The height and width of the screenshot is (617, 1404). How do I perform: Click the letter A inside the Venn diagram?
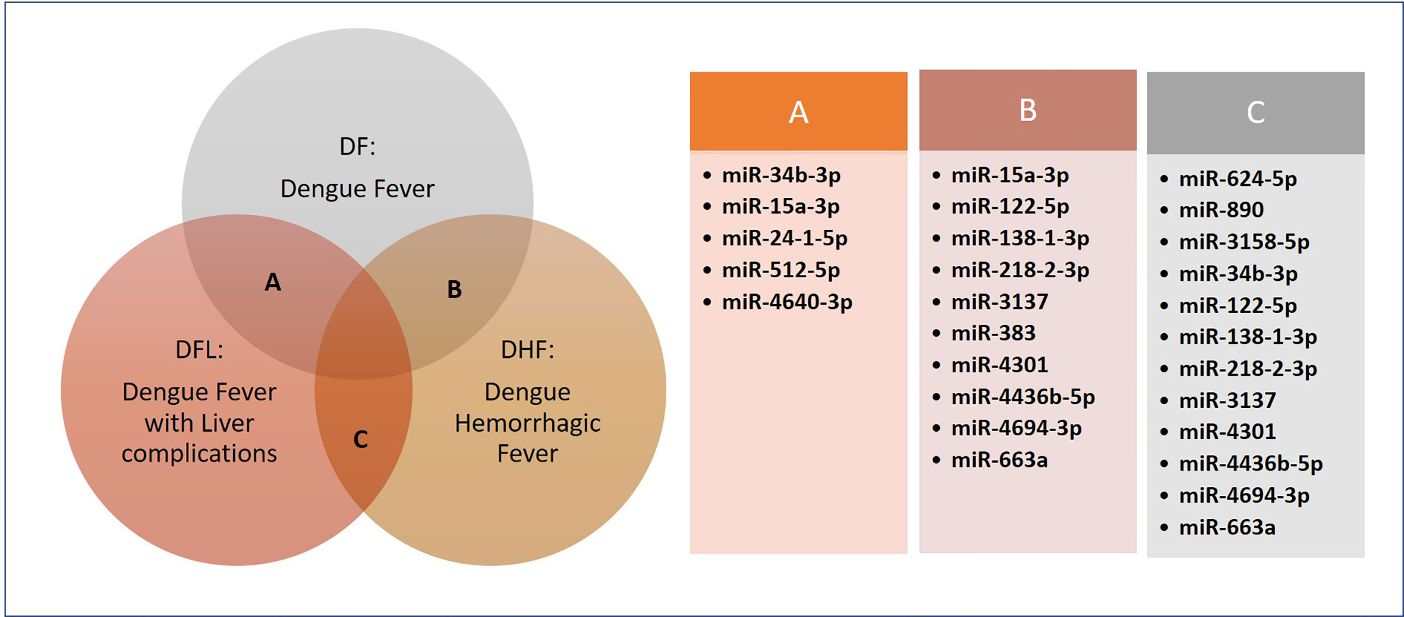click(273, 282)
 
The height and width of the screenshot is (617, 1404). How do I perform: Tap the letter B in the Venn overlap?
click(454, 289)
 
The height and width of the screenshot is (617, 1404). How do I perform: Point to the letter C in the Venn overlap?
click(361, 439)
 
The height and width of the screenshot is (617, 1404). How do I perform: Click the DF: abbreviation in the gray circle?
click(357, 146)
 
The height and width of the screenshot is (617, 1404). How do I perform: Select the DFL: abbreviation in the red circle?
click(199, 350)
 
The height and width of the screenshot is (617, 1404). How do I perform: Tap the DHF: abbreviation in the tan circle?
click(527, 350)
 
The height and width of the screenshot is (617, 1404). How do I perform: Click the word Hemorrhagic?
click(528, 423)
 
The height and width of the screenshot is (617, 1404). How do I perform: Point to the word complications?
click(199, 454)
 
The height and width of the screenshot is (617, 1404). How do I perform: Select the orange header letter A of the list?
click(798, 112)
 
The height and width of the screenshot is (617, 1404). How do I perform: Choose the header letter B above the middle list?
click(1028, 110)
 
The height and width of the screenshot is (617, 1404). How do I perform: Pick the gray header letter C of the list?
click(1255, 112)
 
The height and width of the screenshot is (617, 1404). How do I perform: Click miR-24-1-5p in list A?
click(785, 238)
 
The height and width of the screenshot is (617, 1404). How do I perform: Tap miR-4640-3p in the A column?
click(787, 302)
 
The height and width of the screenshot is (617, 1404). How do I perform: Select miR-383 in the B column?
click(993, 333)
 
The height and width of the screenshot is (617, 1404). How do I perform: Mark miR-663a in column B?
click(999, 460)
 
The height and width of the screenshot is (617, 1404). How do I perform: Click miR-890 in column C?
click(1221, 210)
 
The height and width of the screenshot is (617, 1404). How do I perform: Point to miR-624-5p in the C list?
click(1238, 179)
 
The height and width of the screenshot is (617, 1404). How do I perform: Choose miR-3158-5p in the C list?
click(1244, 242)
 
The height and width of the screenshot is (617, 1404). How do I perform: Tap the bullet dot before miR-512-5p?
click(707, 270)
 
